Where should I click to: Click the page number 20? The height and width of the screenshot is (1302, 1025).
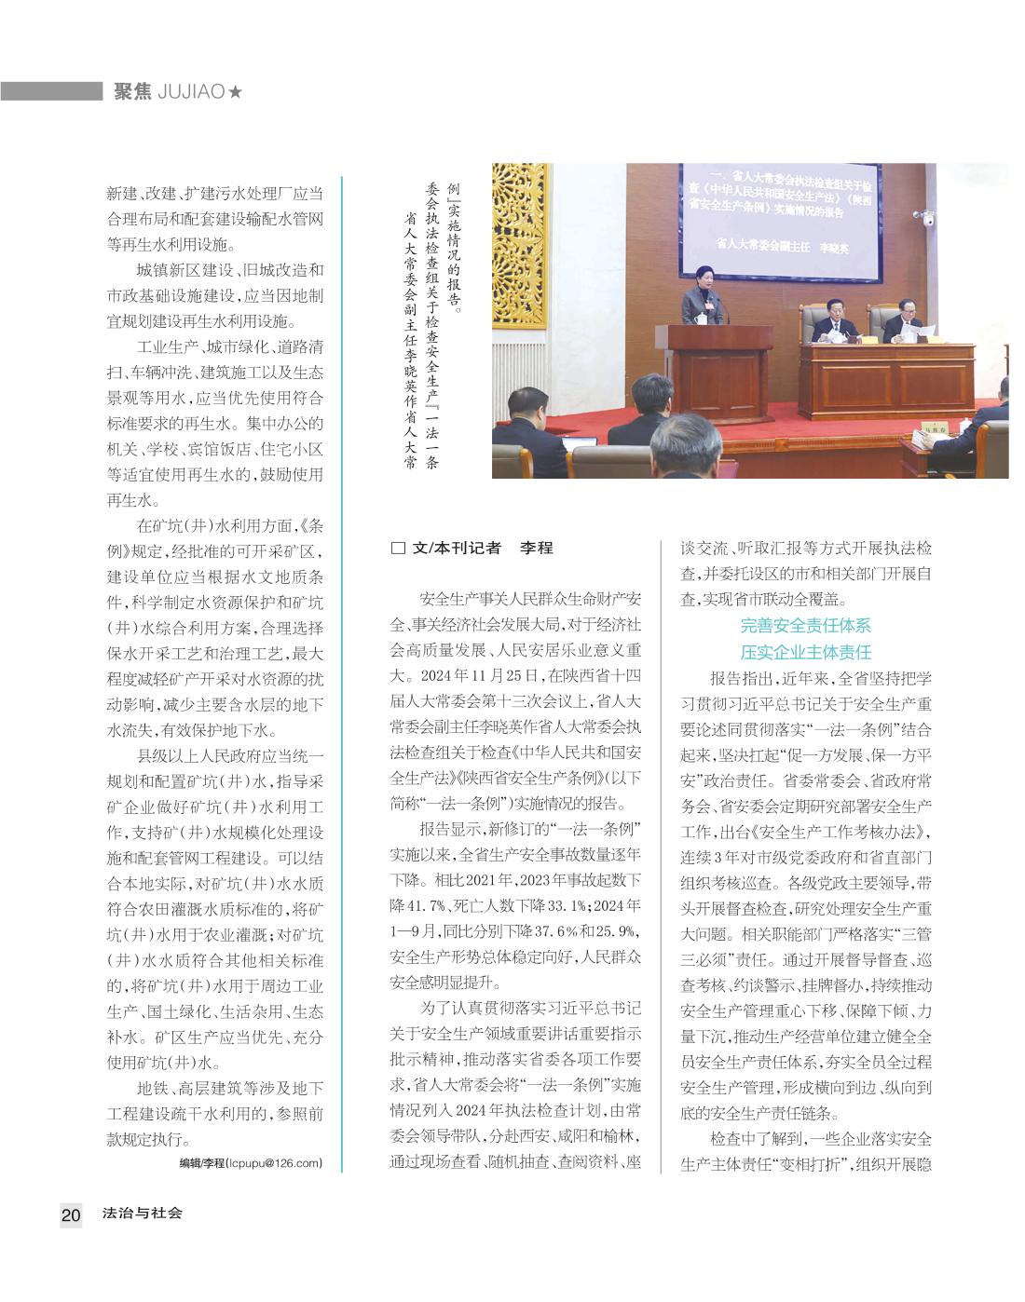coord(71,1214)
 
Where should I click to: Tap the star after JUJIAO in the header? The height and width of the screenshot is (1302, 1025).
coord(236,91)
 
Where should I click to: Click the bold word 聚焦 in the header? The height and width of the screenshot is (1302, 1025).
coord(133,91)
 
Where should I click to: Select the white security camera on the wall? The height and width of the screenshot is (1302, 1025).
coord(928,218)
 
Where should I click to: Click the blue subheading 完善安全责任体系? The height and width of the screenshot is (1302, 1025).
coord(805,626)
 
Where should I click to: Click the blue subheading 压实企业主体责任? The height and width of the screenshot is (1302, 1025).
coord(805,652)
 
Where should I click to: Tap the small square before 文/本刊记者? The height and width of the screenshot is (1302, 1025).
coord(398,549)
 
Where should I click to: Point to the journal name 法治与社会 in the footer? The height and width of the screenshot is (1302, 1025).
coord(142,1214)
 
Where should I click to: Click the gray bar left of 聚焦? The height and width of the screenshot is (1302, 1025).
coord(51,91)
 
